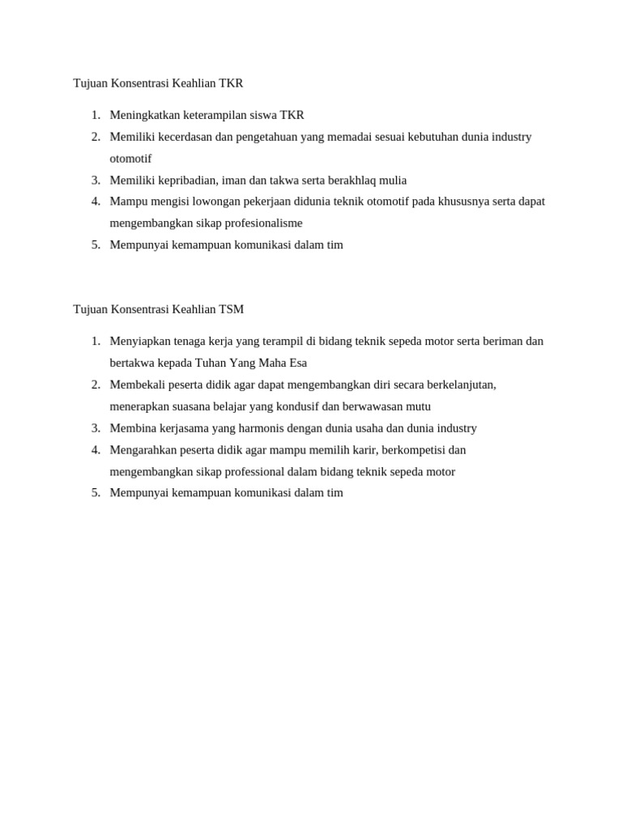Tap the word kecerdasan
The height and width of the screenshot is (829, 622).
(183, 137)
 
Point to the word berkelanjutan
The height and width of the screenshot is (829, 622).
(454, 385)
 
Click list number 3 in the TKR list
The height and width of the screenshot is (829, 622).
(96, 180)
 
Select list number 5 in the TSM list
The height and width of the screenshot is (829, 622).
(96, 492)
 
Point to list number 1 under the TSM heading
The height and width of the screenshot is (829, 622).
(96, 342)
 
